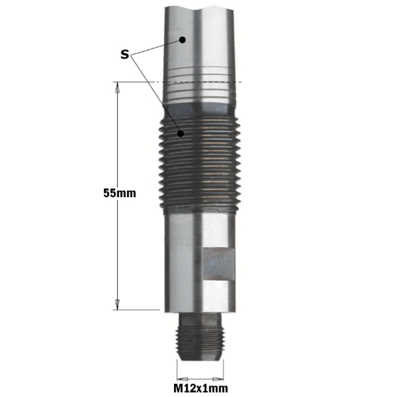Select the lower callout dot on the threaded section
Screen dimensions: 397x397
pyautogui.click(x=184, y=132)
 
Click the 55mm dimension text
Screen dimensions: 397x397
pyautogui.click(x=120, y=193)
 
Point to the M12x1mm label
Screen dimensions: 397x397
pyautogui.click(x=201, y=388)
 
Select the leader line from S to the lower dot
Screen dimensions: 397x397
pyautogui.click(x=157, y=94)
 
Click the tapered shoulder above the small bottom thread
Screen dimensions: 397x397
pyautogui.click(x=200, y=316)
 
